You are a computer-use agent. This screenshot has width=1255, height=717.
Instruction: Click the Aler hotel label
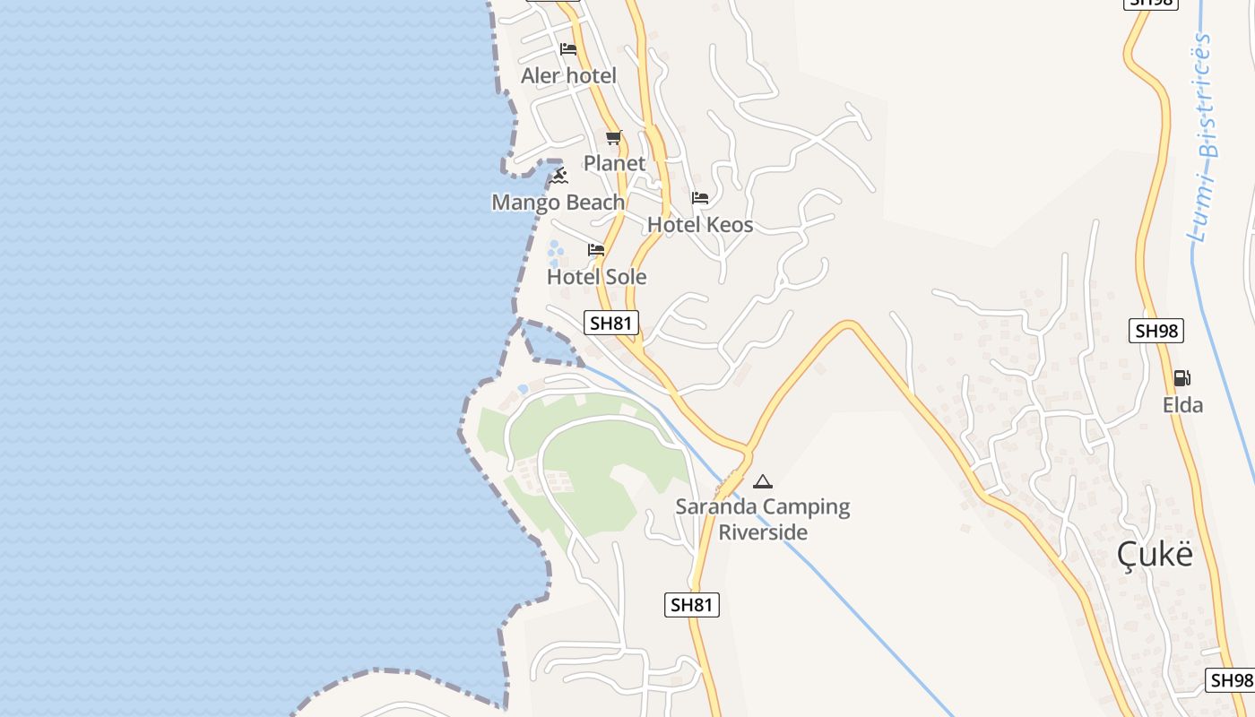568,75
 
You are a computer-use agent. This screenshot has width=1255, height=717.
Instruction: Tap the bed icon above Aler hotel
567,48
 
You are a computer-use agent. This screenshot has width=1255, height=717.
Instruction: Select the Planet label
614,163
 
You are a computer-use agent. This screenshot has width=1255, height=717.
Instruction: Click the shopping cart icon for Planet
613,137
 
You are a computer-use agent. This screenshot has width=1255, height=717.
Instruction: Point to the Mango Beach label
558,203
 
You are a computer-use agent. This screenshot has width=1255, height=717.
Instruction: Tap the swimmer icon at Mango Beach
558,175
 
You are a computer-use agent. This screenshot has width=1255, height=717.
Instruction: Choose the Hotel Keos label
700,225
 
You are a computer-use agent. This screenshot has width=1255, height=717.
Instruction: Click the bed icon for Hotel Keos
700,198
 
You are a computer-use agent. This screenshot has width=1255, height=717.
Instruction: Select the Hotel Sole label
596,277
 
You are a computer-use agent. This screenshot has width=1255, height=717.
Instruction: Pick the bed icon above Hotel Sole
596,250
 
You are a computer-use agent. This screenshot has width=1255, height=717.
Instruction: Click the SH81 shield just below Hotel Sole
611,323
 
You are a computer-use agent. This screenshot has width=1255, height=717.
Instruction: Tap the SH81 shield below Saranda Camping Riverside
692,605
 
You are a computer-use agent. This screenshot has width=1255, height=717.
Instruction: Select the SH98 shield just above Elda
1156,331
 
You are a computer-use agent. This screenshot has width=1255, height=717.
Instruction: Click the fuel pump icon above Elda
1182,378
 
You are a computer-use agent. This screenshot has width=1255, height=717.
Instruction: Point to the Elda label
1182,405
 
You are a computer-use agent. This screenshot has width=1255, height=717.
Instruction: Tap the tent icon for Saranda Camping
762,481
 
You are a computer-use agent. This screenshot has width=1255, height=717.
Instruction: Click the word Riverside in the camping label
763,532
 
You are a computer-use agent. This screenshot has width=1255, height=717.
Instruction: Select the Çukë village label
1155,555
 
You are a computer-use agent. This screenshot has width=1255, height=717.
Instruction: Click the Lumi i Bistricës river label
1203,139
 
